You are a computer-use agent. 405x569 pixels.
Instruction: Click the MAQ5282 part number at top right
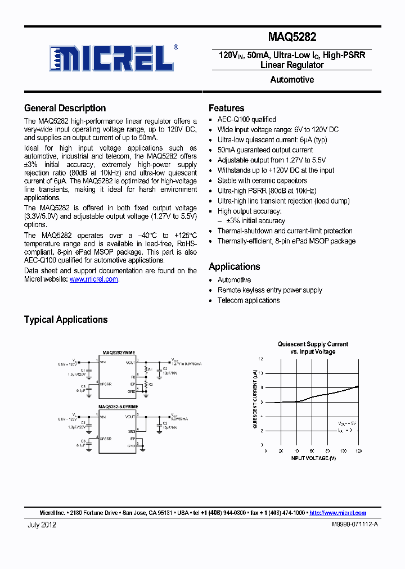click(x=292, y=38)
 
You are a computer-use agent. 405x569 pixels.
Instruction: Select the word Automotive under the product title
click(x=292, y=80)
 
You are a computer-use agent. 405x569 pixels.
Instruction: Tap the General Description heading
click(x=65, y=108)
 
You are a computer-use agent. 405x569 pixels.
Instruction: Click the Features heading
click(x=226, y=108)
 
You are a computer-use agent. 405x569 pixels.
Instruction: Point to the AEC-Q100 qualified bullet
click(x=246, y=120)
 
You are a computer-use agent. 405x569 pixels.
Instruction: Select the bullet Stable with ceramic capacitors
click(x=262, y=180)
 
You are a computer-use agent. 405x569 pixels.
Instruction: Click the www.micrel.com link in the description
click(x=93, y=279)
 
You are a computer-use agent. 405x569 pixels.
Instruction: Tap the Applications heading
click(x=234, y=267)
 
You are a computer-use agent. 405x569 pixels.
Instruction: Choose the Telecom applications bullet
click(x=248, y=300)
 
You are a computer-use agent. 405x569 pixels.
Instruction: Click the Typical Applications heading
click(x=66, y=319)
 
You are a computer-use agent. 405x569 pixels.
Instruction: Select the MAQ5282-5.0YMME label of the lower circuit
click(x=118, y=406)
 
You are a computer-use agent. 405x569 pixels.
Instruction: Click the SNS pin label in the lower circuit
click(x=132, y=430)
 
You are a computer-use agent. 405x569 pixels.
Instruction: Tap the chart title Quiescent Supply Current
click(x=313, y=344)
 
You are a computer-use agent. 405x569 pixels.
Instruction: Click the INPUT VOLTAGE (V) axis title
click(x=313, y=458)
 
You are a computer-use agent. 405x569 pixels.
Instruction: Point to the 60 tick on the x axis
click(x=311, y=451)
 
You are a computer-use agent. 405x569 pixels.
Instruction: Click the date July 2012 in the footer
click(x=42, y=525)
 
